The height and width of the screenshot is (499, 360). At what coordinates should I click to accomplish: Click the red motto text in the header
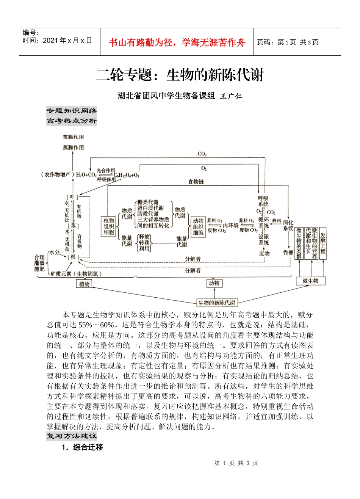point(177,42)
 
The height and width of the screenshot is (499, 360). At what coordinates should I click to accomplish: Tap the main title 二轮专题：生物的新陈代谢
point(180,75)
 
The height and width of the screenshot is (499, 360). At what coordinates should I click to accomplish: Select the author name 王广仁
point(231,96)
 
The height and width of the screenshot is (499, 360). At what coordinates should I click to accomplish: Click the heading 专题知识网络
point(72,111)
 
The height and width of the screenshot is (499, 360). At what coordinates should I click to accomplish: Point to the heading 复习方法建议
point(72,436)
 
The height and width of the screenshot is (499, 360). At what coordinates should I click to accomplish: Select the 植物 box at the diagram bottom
point(84,284)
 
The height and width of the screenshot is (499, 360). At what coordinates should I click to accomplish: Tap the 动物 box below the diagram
point(214,283)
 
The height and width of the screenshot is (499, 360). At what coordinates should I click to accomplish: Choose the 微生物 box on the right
point(311,281)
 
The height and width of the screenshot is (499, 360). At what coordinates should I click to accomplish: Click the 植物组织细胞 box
point(109,226)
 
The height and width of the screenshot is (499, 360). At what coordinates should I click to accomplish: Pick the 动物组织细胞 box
point(198,226)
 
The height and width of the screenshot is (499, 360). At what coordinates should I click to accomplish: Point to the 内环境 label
point(230,225)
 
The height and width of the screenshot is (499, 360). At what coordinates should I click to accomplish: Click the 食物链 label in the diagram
point(196,182)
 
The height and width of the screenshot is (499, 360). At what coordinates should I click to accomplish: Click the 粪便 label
point(288,253)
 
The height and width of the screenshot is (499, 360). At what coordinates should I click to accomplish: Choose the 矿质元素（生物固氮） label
point(76,274)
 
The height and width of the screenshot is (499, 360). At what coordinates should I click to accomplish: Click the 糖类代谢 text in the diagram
point(148,202)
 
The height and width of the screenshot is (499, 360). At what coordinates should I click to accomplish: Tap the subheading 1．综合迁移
point(82,447)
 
